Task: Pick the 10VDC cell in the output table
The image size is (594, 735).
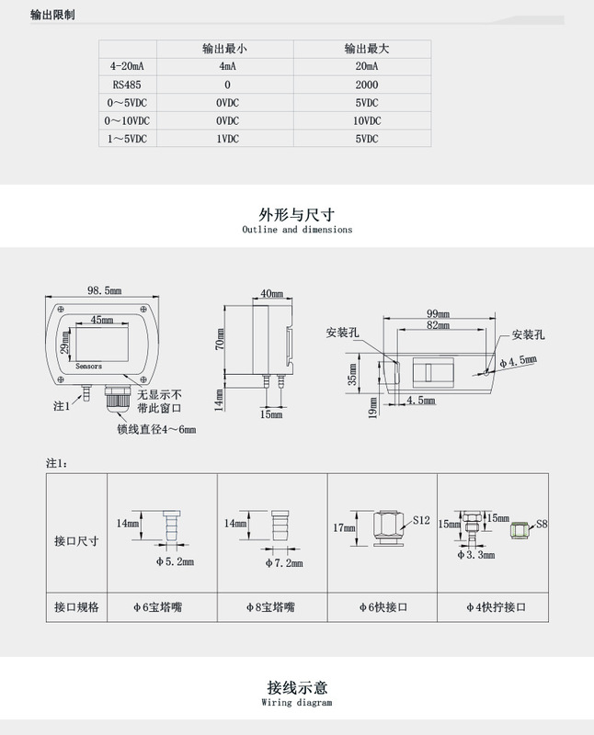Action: coord(366,119)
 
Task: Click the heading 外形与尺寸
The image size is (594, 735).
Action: coord(296,213)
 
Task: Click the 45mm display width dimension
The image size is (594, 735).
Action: coord(102,321)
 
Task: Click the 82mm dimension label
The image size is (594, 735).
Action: coord(438,325)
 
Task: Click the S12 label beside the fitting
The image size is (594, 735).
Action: coord(421,520)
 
